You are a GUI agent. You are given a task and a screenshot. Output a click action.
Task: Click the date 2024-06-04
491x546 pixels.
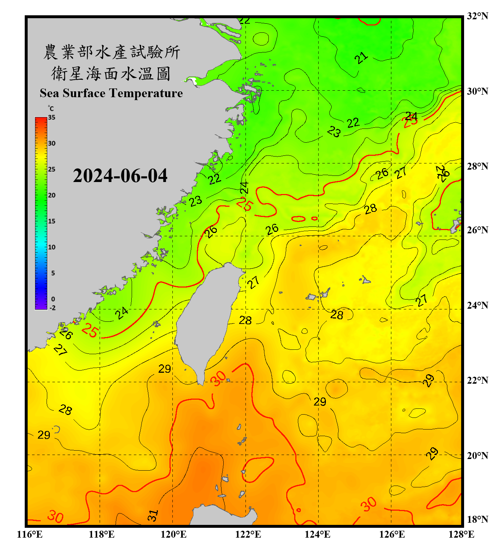[120, 175]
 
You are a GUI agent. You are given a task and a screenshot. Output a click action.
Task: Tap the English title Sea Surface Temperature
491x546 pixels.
[111, 93]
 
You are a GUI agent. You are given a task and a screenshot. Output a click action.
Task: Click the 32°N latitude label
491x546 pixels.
[477, 16]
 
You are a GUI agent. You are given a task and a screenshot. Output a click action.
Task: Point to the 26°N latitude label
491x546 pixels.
[477, 230]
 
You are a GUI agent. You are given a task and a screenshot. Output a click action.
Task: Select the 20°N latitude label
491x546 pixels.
[477, 455]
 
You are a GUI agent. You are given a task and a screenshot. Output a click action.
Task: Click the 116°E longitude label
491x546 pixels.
[30, 534]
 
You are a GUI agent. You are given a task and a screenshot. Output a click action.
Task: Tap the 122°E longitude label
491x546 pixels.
[248, 534]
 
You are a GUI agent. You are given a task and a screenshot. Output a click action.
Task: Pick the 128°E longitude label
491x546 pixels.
[461, 534]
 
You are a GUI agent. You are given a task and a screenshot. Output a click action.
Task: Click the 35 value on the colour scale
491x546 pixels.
[52, 117]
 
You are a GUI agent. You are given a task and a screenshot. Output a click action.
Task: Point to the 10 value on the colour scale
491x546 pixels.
[52, 247]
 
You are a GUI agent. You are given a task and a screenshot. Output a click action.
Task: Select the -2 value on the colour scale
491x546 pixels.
[52, 308]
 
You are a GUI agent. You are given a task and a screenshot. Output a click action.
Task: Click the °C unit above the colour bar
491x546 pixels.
[51, 108]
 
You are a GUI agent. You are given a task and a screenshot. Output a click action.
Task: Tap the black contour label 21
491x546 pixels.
[361, 58]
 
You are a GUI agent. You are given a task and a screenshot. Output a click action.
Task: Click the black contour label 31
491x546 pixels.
[153, 515]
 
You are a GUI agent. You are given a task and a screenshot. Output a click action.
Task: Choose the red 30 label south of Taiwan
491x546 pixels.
[219, 379]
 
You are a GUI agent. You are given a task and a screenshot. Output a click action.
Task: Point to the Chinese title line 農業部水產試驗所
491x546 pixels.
[111, 52]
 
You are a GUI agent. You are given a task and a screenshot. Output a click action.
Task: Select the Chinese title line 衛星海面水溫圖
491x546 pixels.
[111, 74]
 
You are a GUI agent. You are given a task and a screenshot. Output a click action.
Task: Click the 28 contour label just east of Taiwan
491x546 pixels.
[245, 320]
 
